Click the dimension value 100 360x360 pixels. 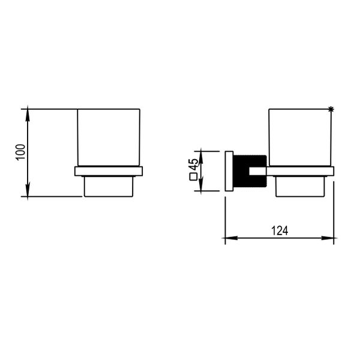click(x=20, y=152)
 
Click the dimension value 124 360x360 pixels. click(x=280, y=231)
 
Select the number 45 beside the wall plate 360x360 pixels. click(x=194, y=164)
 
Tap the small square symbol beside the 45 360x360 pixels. click(x=193, y=177)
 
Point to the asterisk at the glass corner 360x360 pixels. click(x=331, y=110)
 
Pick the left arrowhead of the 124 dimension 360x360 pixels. click(x=231, y=238)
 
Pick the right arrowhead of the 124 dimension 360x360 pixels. click(x=328, y=238)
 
